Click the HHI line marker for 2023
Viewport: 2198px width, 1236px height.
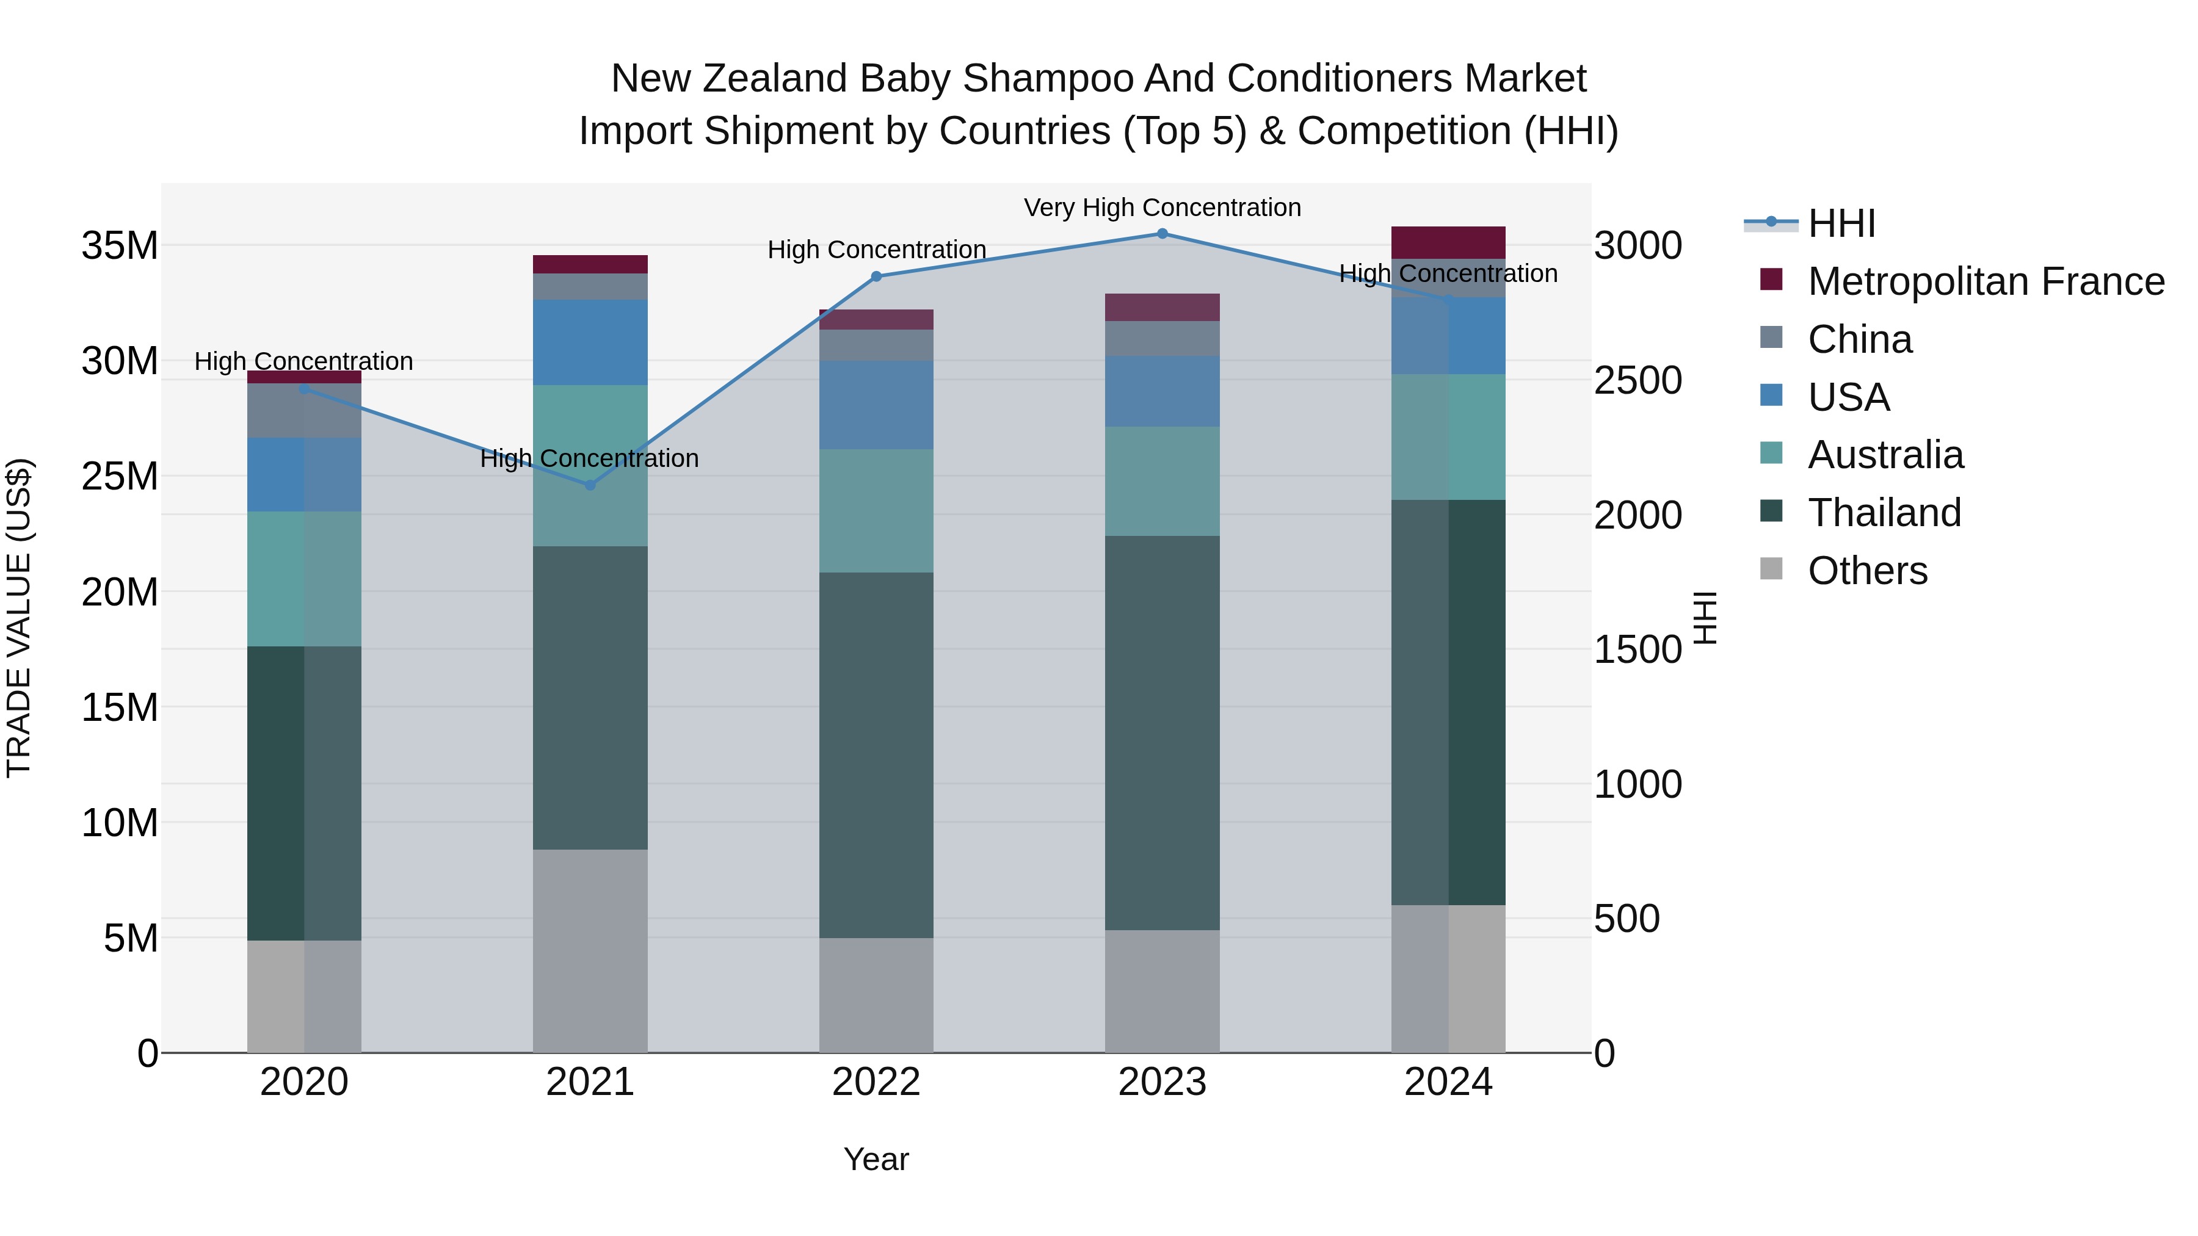tap(1162, 233)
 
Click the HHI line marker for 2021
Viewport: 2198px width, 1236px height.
tap(590, 485)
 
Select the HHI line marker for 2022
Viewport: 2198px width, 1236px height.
tap(876, 276)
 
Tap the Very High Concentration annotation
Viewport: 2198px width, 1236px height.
tap(1162, 208)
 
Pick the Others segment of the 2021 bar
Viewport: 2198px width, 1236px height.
tap(590, 950)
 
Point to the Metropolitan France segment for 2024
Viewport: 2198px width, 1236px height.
tap(1448, 242)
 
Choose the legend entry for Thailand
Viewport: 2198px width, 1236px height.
tap(1884, 513)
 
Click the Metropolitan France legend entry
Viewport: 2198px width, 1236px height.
tap(1986, 281)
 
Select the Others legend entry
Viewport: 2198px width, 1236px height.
tap(1867, 571)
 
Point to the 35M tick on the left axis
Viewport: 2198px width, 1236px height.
tap(120, 245)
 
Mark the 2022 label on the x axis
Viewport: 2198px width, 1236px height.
tap(876, 1082)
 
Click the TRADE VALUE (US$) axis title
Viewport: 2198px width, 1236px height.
tap(19, 618)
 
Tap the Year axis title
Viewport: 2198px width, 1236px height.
tap(876, 1159)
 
